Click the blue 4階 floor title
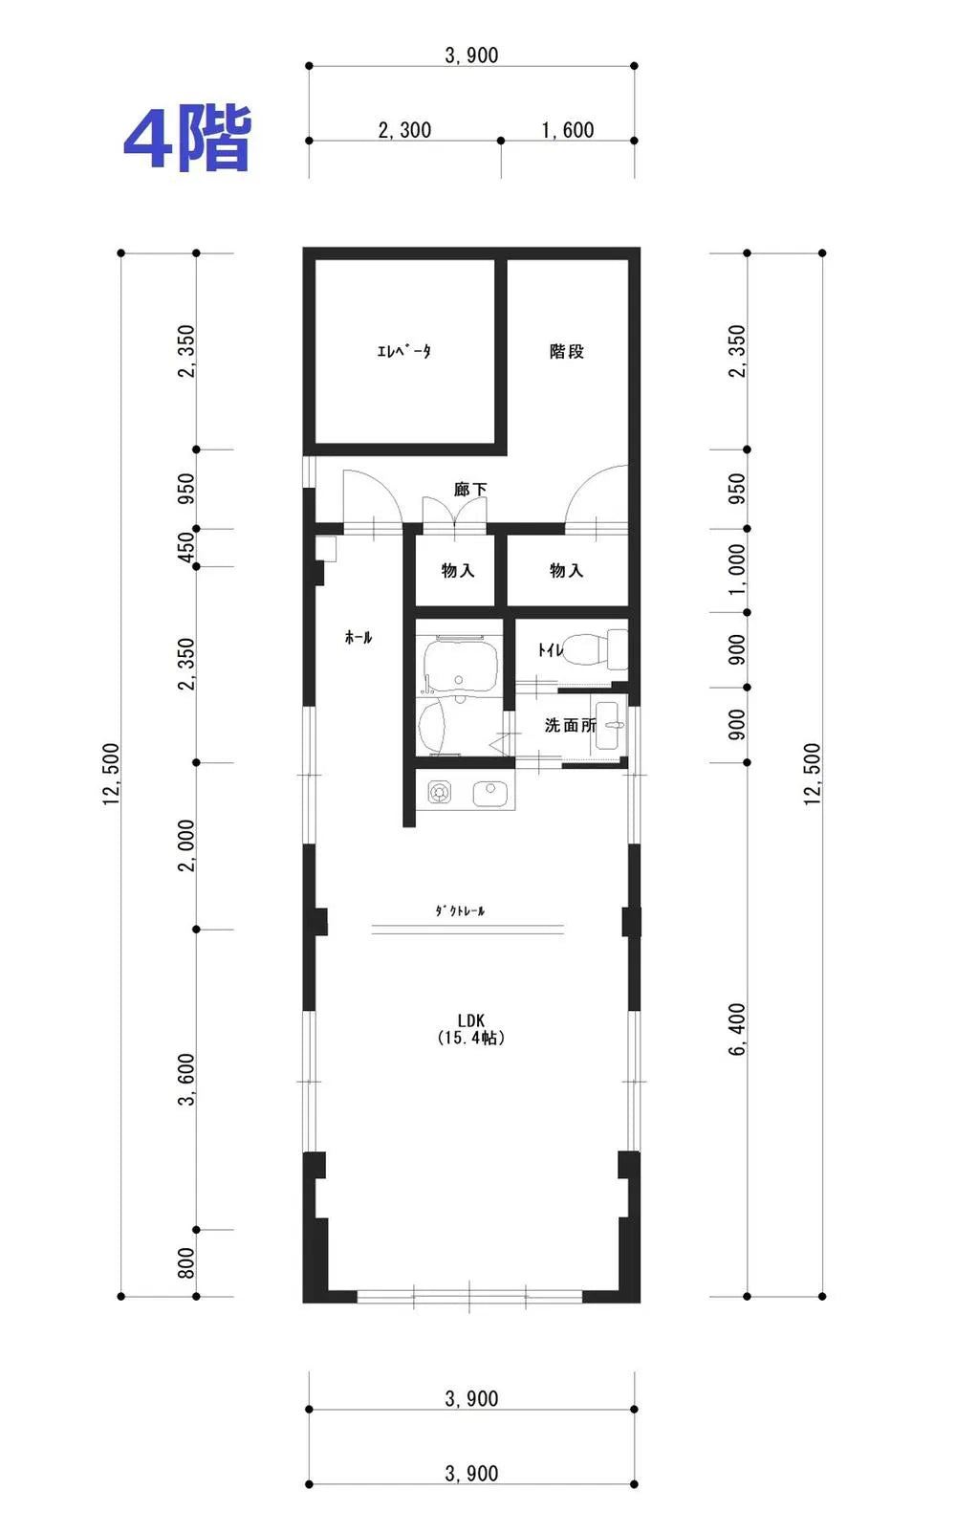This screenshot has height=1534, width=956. (x=186, y=138)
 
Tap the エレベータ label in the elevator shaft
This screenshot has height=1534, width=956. (x=403, y=351)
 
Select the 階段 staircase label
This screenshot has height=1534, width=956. (x=567, y=351)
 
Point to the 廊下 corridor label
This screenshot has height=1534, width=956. (x=470, y=489)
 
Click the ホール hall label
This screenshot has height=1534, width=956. (x=358, y=638)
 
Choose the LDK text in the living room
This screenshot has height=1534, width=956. (x=470, y=1020)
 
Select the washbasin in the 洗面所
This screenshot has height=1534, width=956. (x=610, y=725)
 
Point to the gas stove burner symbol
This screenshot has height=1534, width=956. (x=440, y=792)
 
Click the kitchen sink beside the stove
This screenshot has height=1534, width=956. (x=490, y=794)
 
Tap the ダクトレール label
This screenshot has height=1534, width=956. (x=460, y=910)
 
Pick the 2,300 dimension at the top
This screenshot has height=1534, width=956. (x=404, y=129)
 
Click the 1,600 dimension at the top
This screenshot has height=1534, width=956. (x=567, y=129)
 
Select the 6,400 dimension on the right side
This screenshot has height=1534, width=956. (x=737, y=1029)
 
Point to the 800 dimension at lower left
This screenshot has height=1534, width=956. (x=186, y=1262)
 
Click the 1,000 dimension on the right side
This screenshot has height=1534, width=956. (x=737, y=570)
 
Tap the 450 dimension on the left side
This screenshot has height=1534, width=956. (x=186, y=547)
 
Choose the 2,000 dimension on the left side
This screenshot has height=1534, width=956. (x=186, y=845)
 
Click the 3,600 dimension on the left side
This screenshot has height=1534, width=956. (x=186, y=1080)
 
